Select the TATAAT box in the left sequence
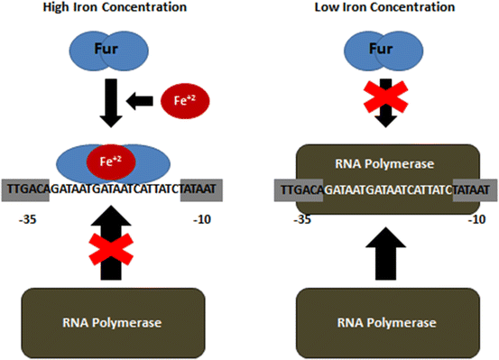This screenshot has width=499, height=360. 199,189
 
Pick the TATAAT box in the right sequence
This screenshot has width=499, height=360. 470,189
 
